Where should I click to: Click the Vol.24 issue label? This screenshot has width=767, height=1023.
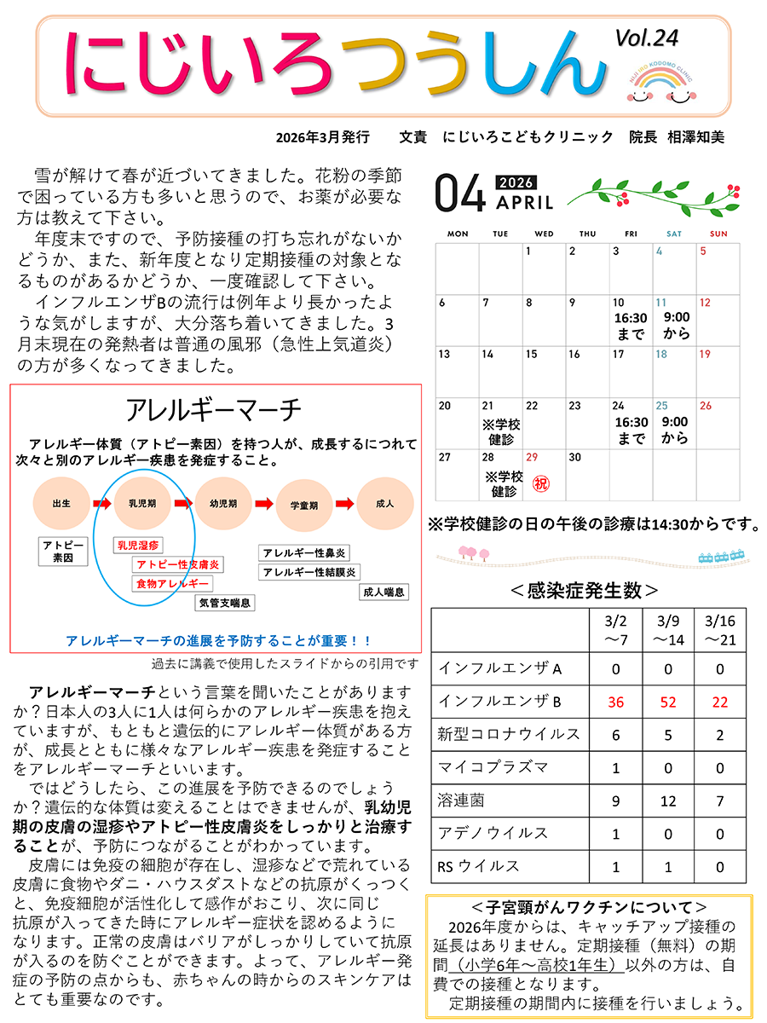(646, 37)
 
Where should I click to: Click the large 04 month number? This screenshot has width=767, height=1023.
(459, 193)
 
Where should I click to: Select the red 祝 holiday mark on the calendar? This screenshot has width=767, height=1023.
(540, 483)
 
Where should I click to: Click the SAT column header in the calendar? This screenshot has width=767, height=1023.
(673, 234)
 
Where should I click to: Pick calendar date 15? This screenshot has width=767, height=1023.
(531, 354)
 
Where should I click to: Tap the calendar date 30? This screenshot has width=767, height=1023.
(574, 458)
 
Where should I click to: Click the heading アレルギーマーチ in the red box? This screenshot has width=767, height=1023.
(213, 410)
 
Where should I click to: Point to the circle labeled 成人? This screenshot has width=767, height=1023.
(384, 504)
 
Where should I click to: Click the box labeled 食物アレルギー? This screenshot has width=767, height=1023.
(172, 584)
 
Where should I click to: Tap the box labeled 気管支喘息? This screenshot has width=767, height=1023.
(225, 603)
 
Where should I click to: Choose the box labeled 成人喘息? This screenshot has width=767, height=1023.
(383, 592)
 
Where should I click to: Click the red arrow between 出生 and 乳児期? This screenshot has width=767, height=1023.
(102, 504)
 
